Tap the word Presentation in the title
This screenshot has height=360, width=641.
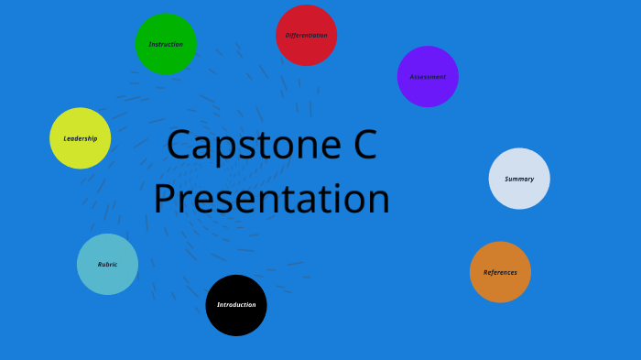click(272, 200)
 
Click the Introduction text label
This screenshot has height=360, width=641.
click(236, 305)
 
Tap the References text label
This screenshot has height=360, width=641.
click(500, 272)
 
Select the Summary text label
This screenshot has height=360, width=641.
click(519, 179)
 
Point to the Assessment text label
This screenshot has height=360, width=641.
click(428, 77)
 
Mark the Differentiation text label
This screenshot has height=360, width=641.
click(307, 36)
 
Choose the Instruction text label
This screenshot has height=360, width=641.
click(166, 44)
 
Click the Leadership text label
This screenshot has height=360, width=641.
click(81, 138)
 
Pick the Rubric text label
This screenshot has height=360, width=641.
click(107, 265)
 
